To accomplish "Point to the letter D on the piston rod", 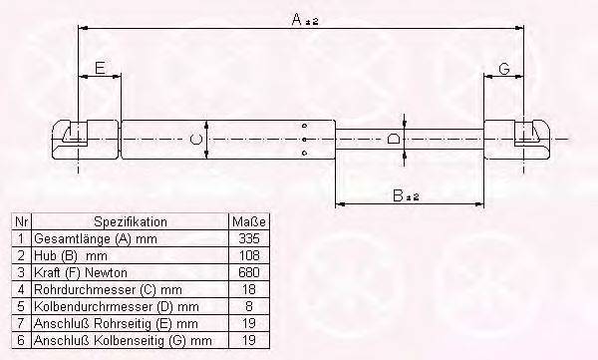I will [396, 140].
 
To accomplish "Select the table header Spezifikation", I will [131, 221].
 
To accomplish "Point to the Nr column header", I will [20, 221].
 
